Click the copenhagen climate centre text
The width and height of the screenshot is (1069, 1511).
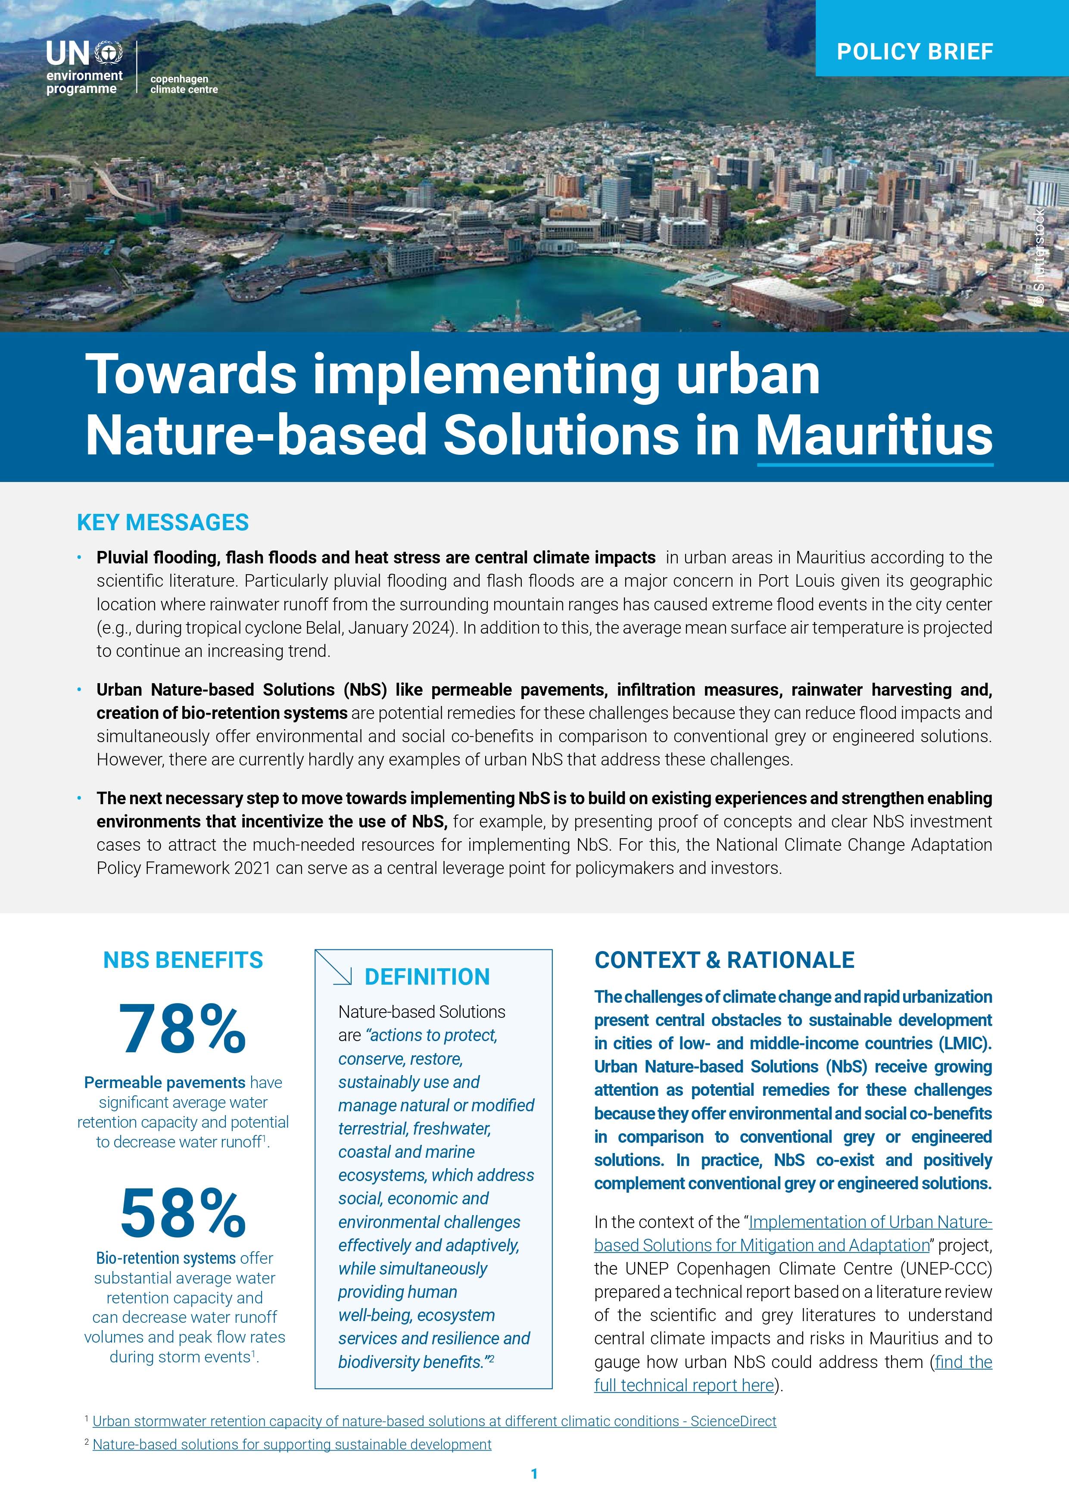point(184,84)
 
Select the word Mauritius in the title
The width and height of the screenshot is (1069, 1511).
point(874,435)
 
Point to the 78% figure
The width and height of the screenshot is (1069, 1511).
point(182,1029)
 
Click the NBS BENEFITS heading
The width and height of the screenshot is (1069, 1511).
point(183,960)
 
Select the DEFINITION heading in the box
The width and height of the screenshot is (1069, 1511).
point(427,977)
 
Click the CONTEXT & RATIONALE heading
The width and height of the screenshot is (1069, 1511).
point(724,960)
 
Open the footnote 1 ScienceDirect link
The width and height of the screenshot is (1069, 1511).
point(434,1421)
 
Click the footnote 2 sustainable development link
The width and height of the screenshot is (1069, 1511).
point(292,1445)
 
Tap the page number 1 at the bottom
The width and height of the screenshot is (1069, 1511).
point(534,1474)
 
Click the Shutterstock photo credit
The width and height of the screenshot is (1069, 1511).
point(1039,257)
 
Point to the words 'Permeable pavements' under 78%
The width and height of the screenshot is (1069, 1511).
point(165,1082)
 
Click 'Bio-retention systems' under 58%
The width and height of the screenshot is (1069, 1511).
point(166,1258)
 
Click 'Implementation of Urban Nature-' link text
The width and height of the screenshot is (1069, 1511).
point(870,1222)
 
